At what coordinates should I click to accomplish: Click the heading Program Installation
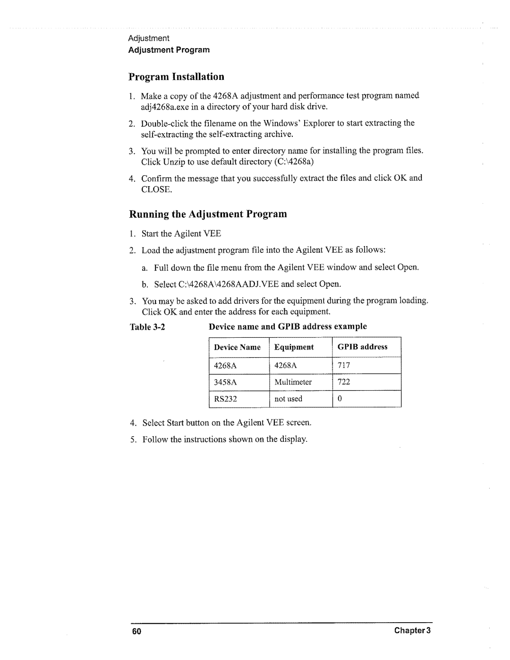pyautogui.click(x=177, y=77)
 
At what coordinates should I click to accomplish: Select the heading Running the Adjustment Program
pyautogui.click(x=208, y=214)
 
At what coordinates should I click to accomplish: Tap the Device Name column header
pyautogui.click(x=237, y=347)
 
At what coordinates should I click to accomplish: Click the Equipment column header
pyautogui.click(x=294, y=347)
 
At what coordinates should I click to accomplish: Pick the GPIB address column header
pyautogui.click(x=362, y=347)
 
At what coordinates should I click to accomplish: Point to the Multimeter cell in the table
pyautogui.click(x=293, y=382)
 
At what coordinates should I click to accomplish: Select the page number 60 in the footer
pyautogui.click(x=137, y=632)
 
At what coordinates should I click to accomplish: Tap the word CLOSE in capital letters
pyautogui.click(x=156, y=189)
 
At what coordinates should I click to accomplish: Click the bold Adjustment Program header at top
pyautogui.click(x=169, y=50)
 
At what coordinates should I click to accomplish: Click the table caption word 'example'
pyautogui.click(x=350, y=326)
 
